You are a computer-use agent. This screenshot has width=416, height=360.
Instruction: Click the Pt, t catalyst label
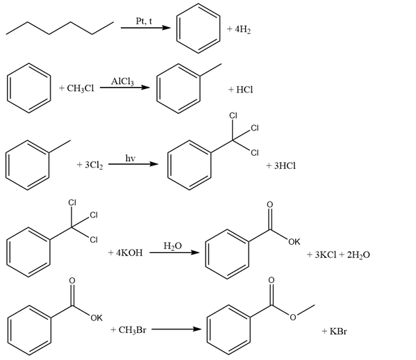point(144,21)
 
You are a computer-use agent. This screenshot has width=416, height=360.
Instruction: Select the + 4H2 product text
point(239,29)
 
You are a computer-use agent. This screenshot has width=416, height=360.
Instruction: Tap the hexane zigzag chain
point(60,28)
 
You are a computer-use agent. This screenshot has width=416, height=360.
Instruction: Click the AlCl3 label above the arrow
point(122,81)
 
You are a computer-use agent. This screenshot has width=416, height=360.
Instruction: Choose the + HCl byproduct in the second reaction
point(240,90)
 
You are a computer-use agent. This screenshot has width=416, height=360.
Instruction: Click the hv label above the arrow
point(131,158)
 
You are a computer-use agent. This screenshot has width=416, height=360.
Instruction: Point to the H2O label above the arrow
point(173,246)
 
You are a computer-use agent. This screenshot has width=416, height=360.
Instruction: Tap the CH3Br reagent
point(132,330)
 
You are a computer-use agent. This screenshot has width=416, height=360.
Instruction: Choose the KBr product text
point(338,331)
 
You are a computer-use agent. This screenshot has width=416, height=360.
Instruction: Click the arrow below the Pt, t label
point(146,28)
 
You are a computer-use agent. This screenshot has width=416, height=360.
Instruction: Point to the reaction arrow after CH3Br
point(176,329)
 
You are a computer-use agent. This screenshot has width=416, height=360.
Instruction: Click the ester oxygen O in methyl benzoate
point(293,317)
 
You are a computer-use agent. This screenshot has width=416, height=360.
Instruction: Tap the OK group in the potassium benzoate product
point(294,242)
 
